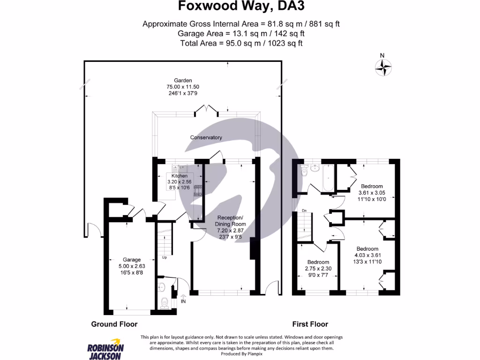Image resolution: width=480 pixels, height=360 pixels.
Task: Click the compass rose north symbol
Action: tap(383, 66)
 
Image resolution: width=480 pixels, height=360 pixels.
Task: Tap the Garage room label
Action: tap(132, 260)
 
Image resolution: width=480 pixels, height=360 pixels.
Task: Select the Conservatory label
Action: tap(206, 137)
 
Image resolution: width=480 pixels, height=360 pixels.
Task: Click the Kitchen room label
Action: tap(179, 176)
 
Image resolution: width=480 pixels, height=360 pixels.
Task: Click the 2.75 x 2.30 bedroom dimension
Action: tap(318, 269)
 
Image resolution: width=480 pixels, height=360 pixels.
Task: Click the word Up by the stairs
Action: tap(164, 257)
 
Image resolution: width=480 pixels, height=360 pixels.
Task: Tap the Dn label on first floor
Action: tap(304, 210)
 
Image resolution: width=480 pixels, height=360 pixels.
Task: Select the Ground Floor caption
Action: tap(114, 324)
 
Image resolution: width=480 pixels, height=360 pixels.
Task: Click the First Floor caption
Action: tap(310, 324)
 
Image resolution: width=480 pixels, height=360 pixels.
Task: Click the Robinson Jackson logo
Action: tap(106, 348)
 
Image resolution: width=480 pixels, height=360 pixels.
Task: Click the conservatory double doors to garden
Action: tap(207, 111)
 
